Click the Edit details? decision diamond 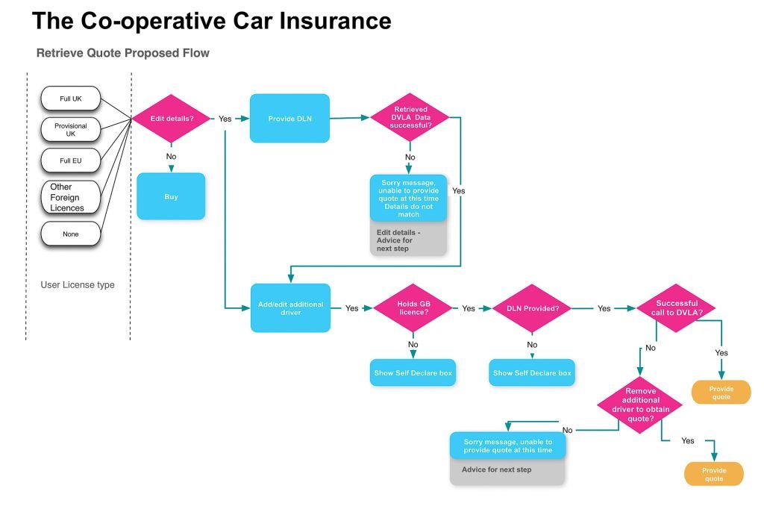[171, 119]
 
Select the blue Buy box [171, 196]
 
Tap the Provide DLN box [289, 118]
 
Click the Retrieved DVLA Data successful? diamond [410, 117]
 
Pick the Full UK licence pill [71, 99]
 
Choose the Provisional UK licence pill [71, 130]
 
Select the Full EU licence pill [71, 160]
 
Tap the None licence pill [71, 234]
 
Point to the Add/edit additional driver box [289, 308]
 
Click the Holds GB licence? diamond [413, 308]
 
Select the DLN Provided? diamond [533, 308]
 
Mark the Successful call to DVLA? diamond [676, 308]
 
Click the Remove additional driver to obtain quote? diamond [639, 405]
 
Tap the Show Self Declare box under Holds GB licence [413, 372]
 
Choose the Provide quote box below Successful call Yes [721, 393]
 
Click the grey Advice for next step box [507, 471]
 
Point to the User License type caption [78, 284]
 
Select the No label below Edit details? [171, 156]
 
